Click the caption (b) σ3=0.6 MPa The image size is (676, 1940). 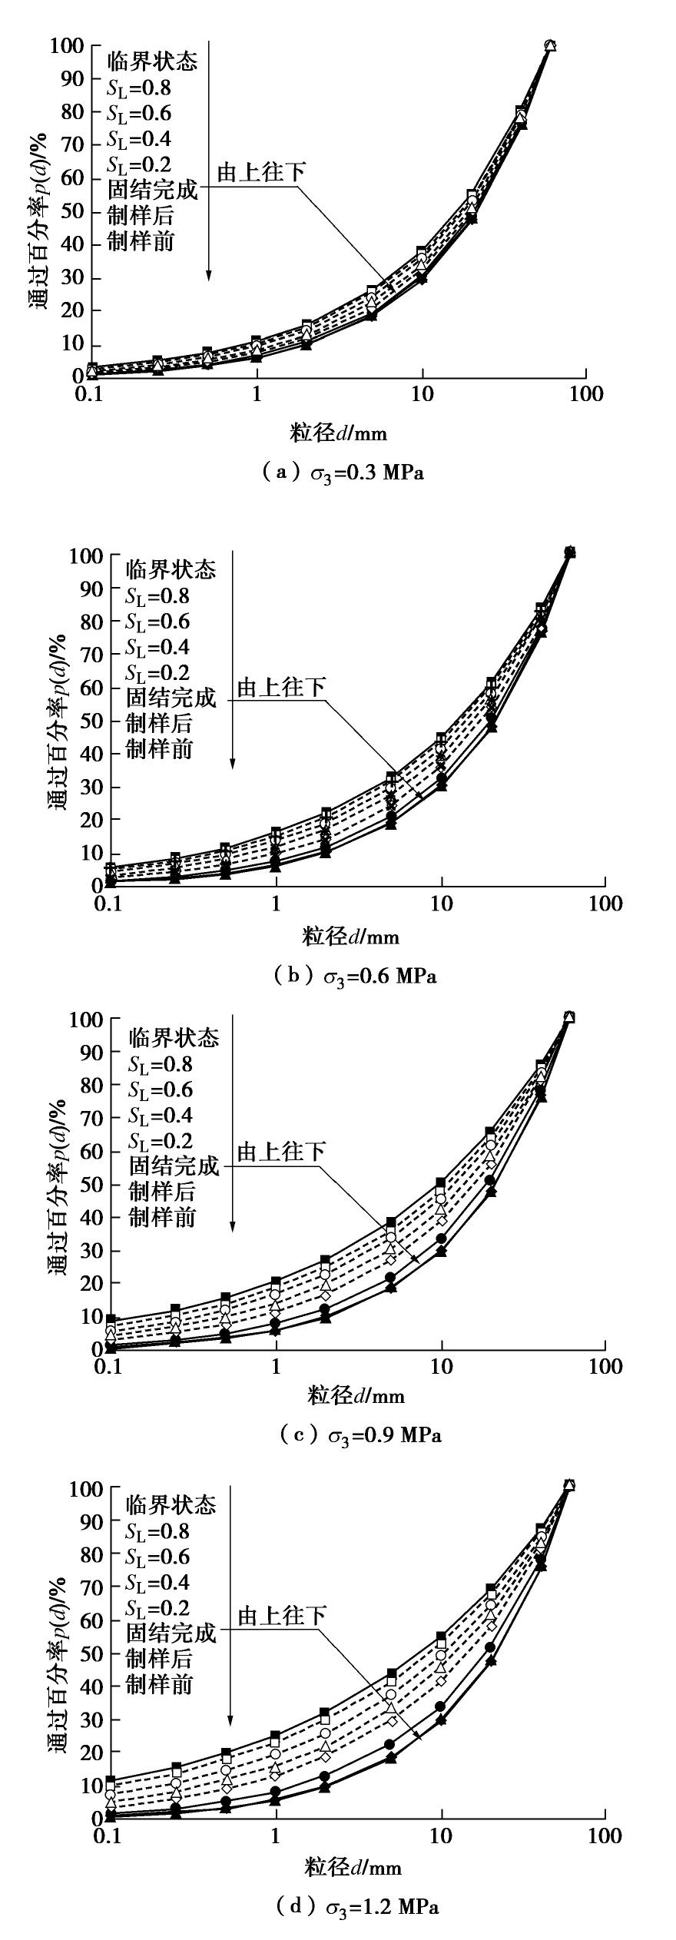[355, 977]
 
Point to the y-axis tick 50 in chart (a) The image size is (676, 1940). [70, 212]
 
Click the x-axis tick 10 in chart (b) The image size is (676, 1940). [441, 904]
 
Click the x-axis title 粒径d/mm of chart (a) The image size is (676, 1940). [339, 433]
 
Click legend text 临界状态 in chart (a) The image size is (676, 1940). [152, 61]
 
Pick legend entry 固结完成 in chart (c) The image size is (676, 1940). [174, 1166]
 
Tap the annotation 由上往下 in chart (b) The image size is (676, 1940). [280, 688]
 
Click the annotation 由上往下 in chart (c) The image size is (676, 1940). [280, 1152]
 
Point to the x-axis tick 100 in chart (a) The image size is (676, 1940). [587, 395]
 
